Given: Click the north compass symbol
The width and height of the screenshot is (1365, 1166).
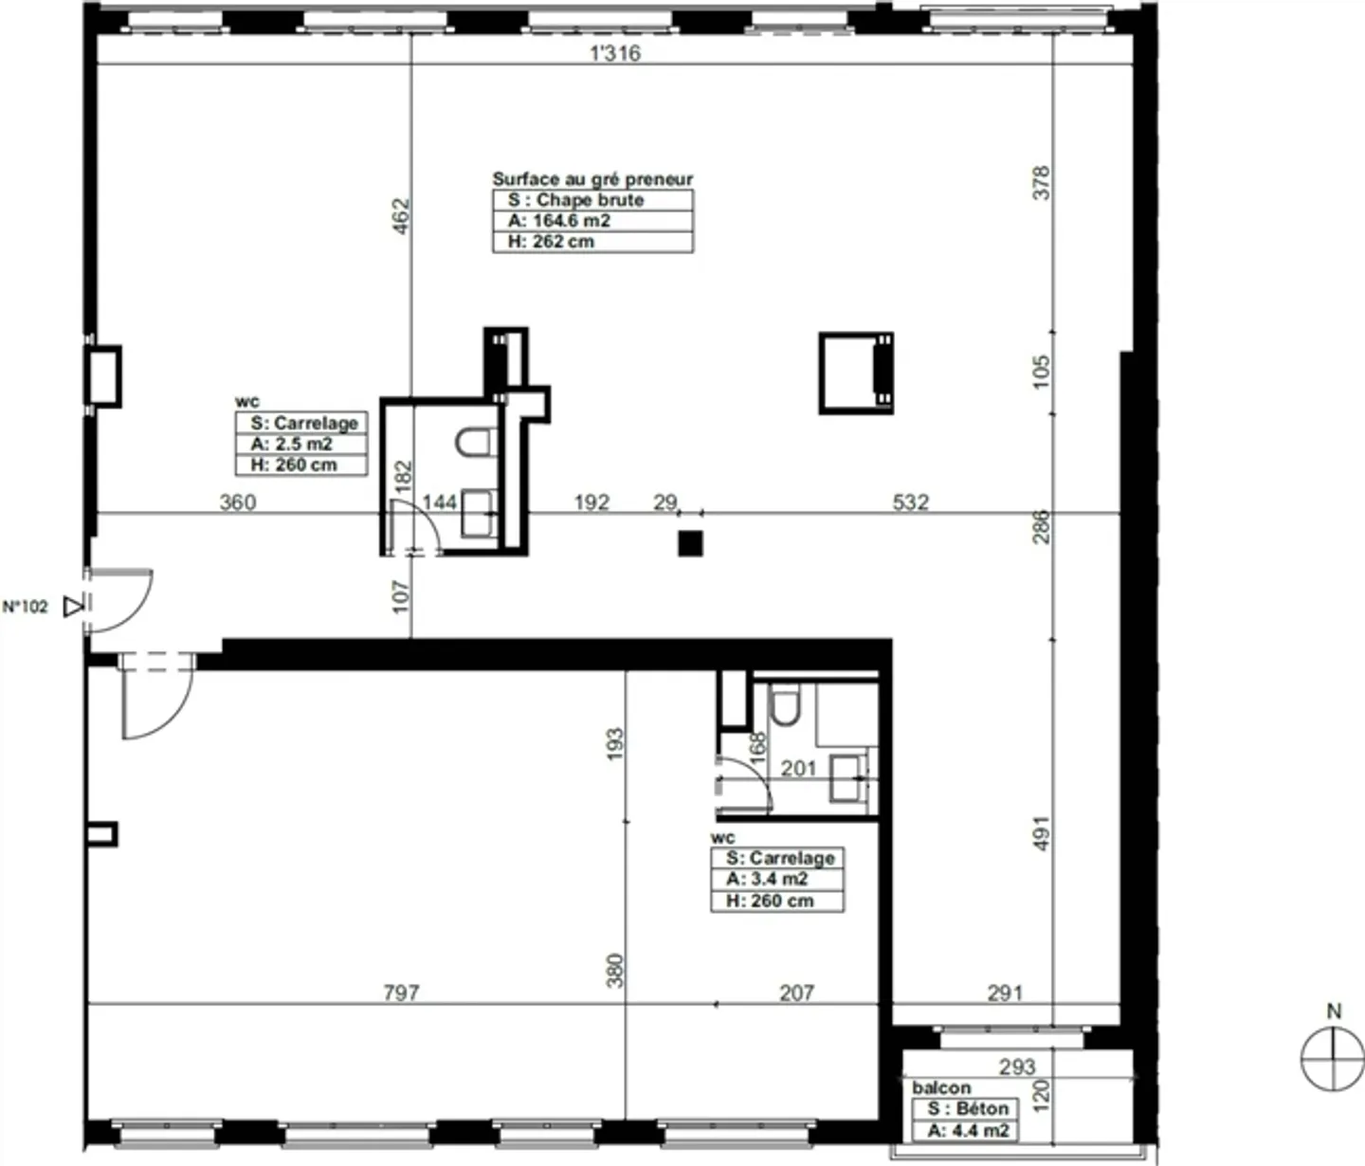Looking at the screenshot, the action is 1332,1058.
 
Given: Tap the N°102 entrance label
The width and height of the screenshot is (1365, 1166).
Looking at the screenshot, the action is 25,606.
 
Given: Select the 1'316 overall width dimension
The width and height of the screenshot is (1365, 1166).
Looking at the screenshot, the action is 615,53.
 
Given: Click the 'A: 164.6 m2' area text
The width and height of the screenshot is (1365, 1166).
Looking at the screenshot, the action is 558,221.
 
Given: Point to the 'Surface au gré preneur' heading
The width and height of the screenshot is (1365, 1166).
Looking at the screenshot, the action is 592,179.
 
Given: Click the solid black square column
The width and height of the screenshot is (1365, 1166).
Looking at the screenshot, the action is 691,543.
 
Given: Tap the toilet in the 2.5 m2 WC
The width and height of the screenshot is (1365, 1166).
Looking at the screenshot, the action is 474,442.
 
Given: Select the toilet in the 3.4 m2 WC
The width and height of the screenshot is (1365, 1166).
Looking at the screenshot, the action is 785,703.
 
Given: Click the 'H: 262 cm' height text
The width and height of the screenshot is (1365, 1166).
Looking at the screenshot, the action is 551,242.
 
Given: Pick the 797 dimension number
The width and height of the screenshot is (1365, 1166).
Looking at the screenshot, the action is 401,993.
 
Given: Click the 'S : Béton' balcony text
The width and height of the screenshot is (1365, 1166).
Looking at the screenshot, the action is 968,1108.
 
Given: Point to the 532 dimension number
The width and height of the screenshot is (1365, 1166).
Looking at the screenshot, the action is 911,502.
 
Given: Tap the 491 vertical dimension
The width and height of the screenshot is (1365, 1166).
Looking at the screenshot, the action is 1041,833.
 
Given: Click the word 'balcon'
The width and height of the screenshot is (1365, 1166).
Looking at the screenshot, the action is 941,1087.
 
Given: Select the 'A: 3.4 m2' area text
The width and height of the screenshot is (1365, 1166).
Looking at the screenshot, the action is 767,879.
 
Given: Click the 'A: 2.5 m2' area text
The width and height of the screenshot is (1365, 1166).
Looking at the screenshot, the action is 291,444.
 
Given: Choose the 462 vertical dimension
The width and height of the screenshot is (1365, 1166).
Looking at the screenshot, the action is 401,216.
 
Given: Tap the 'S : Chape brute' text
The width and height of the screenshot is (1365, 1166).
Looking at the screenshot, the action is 575,200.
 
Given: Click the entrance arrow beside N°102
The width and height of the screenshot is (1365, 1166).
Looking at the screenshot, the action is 73,606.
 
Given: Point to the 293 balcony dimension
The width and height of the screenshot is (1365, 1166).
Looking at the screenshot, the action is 1017,1066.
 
